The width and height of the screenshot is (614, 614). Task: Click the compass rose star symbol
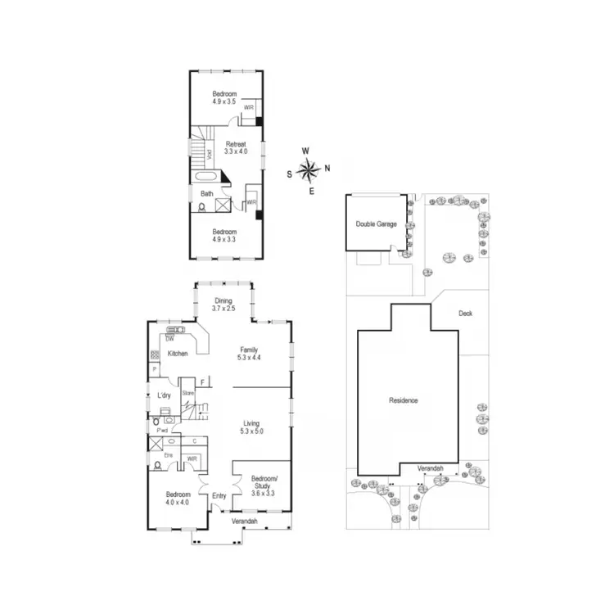coord(309,170)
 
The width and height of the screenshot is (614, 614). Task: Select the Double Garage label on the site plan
coord(376,223)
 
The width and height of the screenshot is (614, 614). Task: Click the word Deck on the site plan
coord(466,313)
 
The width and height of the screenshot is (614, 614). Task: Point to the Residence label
coord(404,400)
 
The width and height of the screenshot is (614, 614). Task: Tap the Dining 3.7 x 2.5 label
coord(223,305)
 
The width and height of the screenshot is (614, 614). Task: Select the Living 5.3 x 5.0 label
coord(251,427)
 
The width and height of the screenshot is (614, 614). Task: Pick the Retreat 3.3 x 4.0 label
coord(236,147)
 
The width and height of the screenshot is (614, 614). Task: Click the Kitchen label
coord(178,354)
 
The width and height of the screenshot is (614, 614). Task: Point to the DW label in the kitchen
coord(169,338)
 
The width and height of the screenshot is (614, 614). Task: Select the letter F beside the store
coord(201,381)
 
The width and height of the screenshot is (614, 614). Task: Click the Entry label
coord(219,495)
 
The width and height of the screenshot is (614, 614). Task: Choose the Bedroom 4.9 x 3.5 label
coord(224,97)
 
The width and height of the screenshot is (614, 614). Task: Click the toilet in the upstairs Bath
coord(202,208)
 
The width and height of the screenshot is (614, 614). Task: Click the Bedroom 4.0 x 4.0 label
coord(178,499)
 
